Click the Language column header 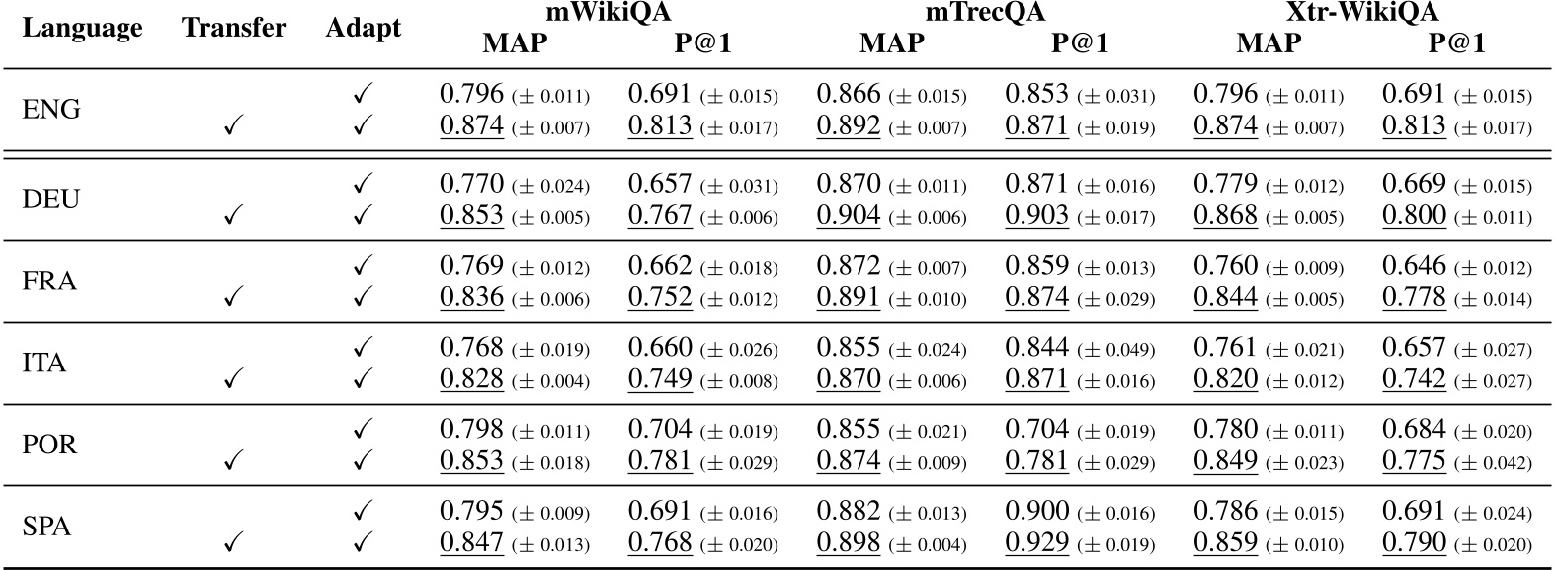coord(82,28)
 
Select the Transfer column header coord(234,28)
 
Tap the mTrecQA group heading coord(984,14)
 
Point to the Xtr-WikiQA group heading coord(1361,14)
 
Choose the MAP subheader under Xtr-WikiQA coord(1269,42)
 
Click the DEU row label coord(51,201)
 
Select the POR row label coord(49,445)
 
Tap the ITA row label coord(43,364)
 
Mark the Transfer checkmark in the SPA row coord(234,542)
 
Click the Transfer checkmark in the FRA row coord(234,297)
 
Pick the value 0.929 coord(1037,542)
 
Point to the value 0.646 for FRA coord(1414,266)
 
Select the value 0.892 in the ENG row coord(848,125)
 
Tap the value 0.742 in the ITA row coord(1414,379)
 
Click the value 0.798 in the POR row coord(471,429)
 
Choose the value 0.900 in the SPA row coord(1037,511)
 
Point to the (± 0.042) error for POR coord(1493,463)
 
